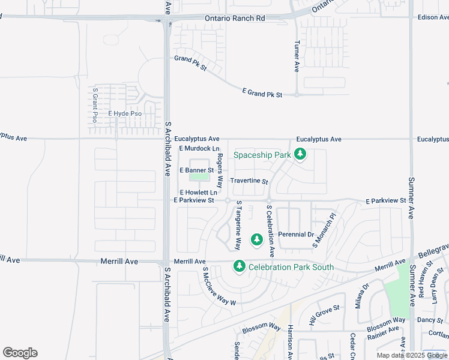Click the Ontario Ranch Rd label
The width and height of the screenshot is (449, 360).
tap(235, 19)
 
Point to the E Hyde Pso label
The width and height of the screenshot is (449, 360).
tap(124, 113)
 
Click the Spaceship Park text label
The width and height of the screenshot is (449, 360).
tap(262, 155)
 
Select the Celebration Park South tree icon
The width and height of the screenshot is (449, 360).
tap(240, 266)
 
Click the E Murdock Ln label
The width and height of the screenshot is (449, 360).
tap(199, 148)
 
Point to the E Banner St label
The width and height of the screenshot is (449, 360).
tap(197, 170)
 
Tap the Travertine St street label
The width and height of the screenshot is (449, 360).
tap(249, 181)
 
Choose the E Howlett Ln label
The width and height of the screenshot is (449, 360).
tap(198, 192)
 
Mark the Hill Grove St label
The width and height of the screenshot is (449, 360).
tap(325, 315)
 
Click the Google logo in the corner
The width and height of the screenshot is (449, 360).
tap(20, 353)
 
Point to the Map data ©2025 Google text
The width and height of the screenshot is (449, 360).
tap(412, 355)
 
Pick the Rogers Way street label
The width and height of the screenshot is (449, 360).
tap(220, 170)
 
